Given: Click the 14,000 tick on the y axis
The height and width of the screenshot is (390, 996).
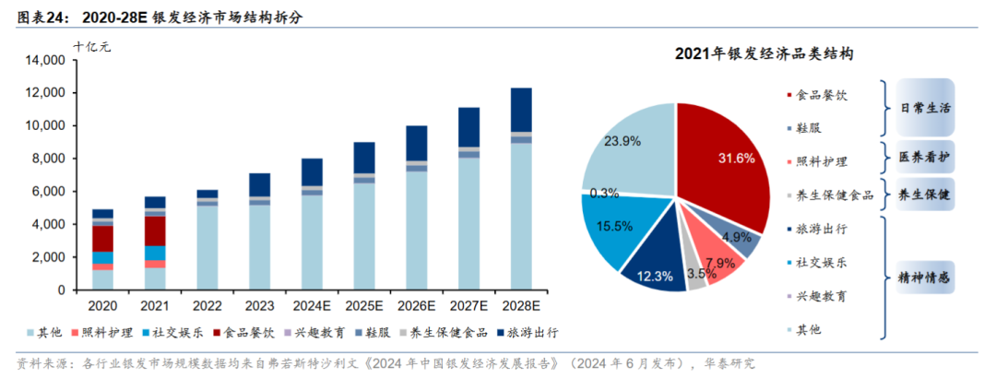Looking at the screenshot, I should click(43, 61).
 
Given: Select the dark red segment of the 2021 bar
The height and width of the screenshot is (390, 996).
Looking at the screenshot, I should click(155, 230).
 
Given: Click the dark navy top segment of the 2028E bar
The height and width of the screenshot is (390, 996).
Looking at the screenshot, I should click(521, 110).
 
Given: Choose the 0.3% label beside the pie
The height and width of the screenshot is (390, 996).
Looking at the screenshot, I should click(604, 193).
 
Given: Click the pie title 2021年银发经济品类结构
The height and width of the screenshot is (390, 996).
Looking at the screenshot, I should click(763, 53).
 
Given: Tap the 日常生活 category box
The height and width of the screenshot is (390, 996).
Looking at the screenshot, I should click(924, 107).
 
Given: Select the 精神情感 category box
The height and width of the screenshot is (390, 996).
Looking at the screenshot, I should click(924, 277).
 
